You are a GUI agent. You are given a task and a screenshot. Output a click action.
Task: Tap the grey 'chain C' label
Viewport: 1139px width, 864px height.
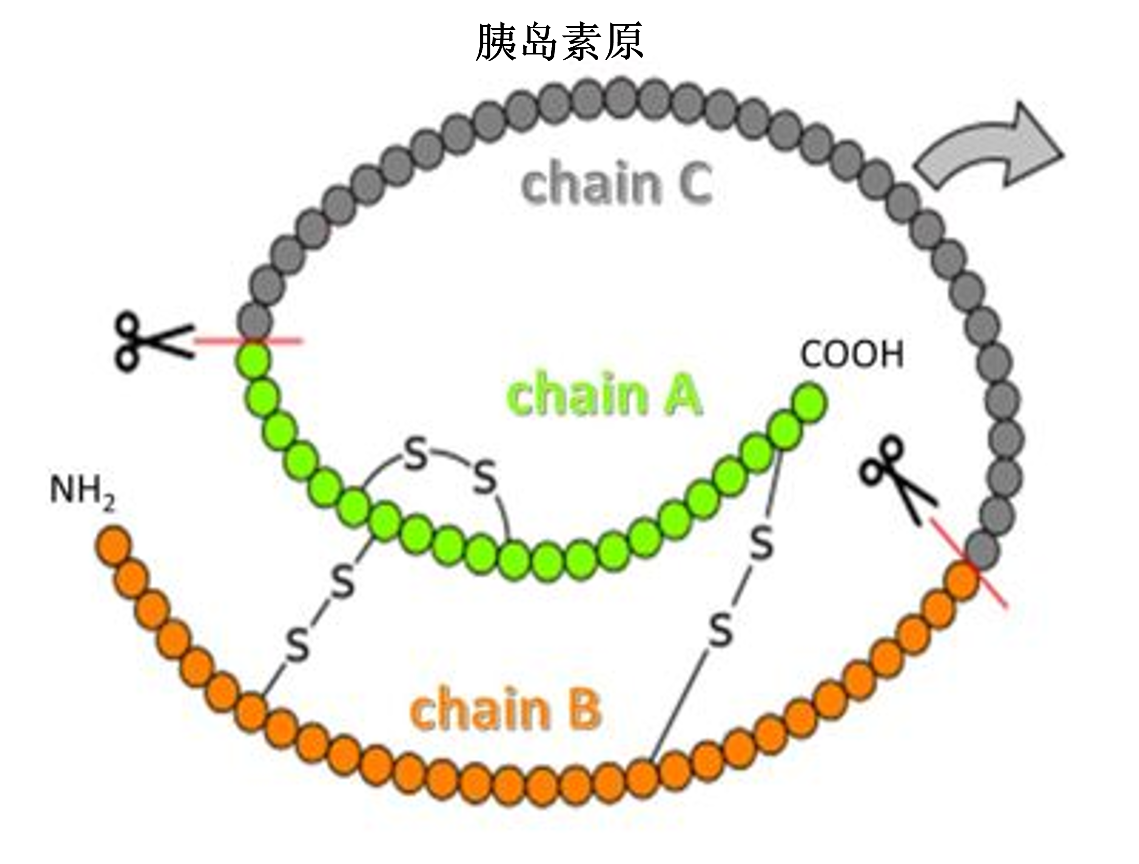(x=617, y=182)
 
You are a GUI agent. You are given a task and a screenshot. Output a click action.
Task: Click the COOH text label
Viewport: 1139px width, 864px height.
(x=852, y=355)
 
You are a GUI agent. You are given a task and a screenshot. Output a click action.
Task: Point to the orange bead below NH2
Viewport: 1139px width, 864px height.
(x=112, y=544)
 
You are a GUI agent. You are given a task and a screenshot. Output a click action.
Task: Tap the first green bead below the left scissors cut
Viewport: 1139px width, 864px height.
(x=254, y=359)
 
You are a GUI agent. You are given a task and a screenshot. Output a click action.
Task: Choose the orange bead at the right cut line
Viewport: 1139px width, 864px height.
(x=962, y=581)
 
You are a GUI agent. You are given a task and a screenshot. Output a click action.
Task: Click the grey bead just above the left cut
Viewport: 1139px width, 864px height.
(x=255, y=322)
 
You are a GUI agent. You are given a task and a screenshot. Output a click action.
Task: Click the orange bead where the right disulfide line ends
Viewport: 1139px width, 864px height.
(x=643, y=777)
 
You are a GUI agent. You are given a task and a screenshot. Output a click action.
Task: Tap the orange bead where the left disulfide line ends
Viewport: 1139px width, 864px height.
(x=252, y=710)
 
